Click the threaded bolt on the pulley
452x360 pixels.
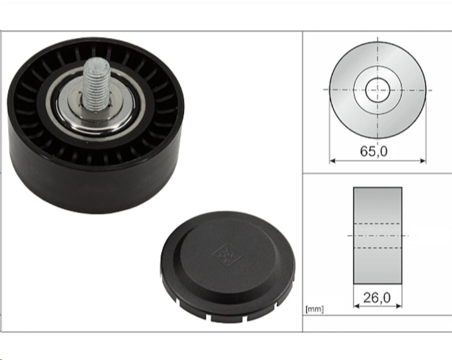[96, 84]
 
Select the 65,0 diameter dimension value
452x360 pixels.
[374, 151]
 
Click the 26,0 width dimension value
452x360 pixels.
[377, 298]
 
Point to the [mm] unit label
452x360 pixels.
[315, 309]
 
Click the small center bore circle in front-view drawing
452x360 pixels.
[378, 90]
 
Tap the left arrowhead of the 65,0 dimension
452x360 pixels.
[333, 161]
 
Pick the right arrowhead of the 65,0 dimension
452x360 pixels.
[423, 161]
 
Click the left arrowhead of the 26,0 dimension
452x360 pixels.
[356, 306]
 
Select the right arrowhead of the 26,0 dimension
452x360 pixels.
[399, 306]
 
